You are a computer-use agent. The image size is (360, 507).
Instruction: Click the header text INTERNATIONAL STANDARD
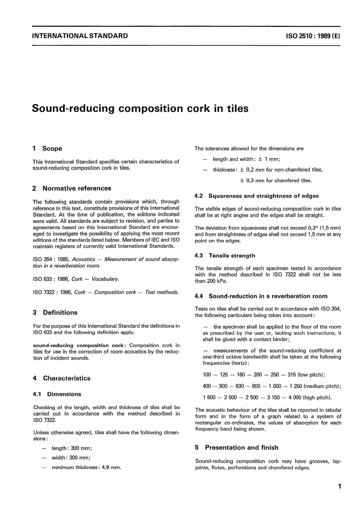[80, 36]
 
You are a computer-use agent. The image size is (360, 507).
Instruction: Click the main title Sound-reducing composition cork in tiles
[140, 108]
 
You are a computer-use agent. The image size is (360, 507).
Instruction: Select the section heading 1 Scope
[47, 149]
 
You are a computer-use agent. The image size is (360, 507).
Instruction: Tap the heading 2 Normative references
[72, 188]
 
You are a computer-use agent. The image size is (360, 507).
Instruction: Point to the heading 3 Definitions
[55, 313]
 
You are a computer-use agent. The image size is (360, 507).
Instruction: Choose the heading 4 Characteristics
[62, 378]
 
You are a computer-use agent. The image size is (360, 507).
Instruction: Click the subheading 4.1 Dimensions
[57, 394]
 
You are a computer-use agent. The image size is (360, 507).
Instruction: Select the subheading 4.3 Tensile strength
[225, 256]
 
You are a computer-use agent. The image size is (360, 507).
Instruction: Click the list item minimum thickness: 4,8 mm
[86, 468]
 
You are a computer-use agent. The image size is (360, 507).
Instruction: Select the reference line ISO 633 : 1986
[76, 279]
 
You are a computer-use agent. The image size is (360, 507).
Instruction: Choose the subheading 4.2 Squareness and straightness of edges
[257, 196]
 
